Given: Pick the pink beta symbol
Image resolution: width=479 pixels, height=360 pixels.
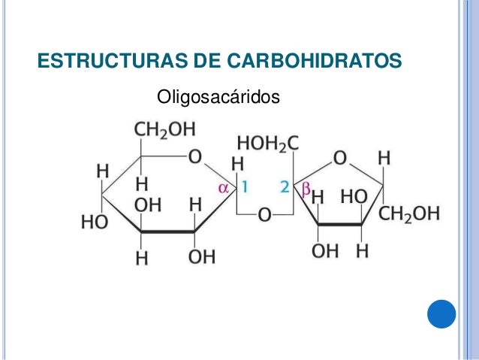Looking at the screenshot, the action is coord(305,187).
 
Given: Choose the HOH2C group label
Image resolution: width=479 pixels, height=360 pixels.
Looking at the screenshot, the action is coord(268,141).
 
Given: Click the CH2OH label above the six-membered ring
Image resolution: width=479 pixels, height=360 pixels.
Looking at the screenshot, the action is coord(164,129).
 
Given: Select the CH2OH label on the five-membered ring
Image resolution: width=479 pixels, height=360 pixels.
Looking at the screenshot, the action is coord(409,214).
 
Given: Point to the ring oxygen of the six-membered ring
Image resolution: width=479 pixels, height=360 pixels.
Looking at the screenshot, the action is coord(194,156).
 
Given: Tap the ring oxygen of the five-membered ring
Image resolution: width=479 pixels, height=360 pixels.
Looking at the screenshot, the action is coord(339,157).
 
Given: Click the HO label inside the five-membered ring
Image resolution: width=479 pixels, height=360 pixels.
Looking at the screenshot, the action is coord(354,197).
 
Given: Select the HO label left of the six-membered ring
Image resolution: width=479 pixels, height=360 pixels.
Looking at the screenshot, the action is coord(94,222).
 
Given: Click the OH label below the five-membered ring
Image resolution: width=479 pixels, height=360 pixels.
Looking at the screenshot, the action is coord(325,252).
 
